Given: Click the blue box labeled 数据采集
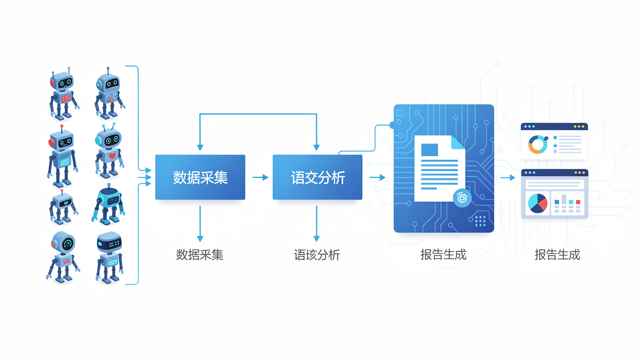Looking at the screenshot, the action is coord(200,177).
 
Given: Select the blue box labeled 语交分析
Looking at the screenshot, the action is coord(318,177).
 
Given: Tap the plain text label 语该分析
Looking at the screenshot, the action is coord(317,255).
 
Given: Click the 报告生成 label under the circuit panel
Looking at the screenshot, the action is coord(443,255).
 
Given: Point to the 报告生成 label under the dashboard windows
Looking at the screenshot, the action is coord(557,255).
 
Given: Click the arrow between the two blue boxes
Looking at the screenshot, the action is coord(260,178).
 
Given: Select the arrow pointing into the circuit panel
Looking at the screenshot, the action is coord(377,178).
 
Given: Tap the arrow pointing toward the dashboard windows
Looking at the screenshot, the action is coord(508,178).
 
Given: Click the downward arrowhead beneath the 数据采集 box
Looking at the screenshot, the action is coord(200,239).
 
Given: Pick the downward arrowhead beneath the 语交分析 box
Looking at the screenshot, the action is coord(317,239).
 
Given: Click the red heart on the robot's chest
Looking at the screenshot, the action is coord(112,156).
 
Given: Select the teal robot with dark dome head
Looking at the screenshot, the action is coord(108,204).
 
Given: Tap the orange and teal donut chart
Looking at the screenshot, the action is coord(538,145).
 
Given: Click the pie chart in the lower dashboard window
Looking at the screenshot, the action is coord(538,203).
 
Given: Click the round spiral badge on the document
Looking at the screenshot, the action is coord(462,198).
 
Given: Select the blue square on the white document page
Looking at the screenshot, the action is coord(430,150).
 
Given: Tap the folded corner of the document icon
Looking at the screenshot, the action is coord(457,143).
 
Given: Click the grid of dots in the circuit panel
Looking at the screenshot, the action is coord(480,221).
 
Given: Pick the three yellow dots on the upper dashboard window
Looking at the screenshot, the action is coord(579,126).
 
